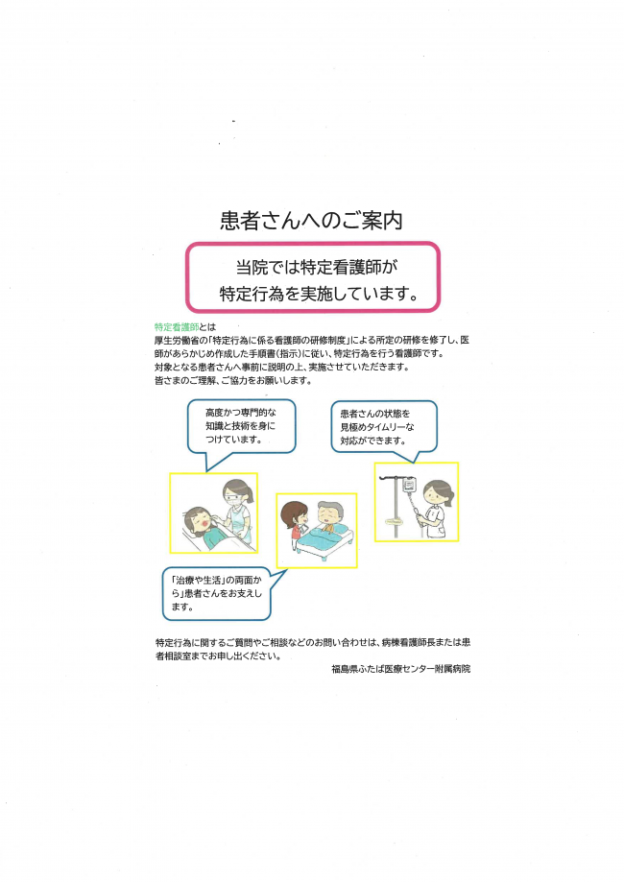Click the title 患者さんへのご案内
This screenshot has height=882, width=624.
311,220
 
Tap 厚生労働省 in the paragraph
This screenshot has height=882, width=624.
178,341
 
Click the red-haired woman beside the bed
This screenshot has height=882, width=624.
295,524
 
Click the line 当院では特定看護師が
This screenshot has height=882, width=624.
311,266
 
